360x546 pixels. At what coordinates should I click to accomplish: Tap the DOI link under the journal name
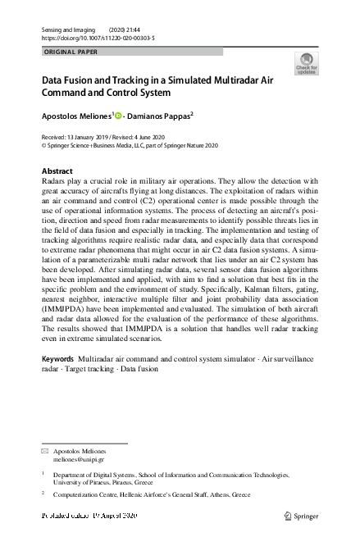[98, 39]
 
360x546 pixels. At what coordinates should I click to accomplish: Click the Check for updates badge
[306, 64]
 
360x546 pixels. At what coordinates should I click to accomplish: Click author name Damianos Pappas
[161, 116]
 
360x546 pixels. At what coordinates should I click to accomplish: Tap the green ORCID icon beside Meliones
[118, 116]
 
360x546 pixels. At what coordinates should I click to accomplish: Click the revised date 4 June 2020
[150, 137]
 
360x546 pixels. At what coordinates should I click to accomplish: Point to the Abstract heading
[57, 171]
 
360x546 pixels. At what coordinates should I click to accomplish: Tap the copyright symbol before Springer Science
[43, 145]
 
